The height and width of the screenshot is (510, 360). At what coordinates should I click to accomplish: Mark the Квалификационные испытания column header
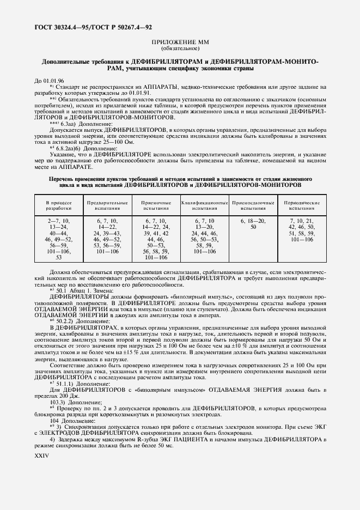205,205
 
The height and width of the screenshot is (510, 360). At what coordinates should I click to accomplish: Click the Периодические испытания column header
302,205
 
